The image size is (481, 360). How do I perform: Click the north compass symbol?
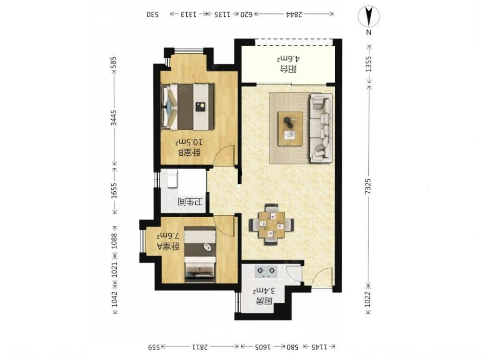point(368,16)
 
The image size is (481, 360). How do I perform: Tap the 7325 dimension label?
point(368,186)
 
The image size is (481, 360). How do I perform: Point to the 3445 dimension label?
point(114,117)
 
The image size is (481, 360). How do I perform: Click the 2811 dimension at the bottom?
point(200,347)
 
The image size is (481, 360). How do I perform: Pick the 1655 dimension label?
point(114,191)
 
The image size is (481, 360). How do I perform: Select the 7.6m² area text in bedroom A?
point(168,236)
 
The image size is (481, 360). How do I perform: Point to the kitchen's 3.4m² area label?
point(263,290)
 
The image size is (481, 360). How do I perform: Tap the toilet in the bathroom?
point(172,179)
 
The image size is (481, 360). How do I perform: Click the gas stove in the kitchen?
point(266,272)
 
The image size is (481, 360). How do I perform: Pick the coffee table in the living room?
point(290,129)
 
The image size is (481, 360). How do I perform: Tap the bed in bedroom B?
point(188,107)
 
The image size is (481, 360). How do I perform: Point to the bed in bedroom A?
point(200,255)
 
